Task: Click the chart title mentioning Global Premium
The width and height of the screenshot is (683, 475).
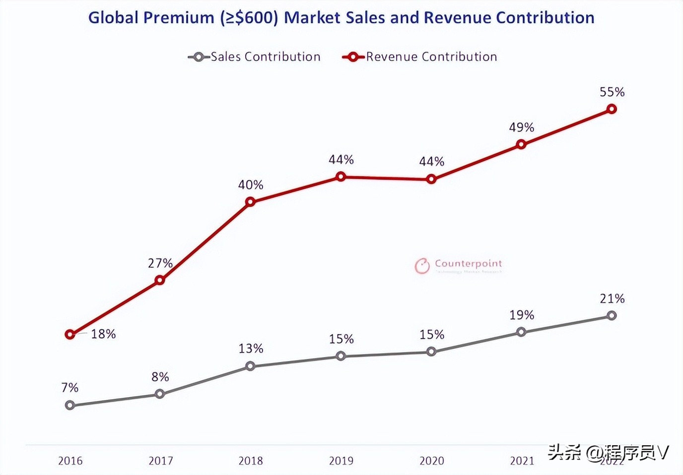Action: (x=341, y=18)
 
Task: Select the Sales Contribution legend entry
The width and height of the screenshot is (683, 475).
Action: (x=254, y=57)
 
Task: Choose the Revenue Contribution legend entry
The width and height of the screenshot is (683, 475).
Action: (x=420, y=57)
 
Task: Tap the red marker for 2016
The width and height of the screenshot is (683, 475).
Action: (x=70, y=335)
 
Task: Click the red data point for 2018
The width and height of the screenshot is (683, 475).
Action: (x=250, y=202)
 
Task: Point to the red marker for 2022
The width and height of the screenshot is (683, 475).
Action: (x=612, y=109)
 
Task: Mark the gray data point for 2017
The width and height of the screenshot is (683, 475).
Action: (x=160, y=394)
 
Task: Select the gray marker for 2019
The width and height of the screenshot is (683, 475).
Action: (x=341, y=356)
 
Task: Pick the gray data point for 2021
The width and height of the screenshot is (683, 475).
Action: (x=521, y=332)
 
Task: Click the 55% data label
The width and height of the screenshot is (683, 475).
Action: (x=612, y=92)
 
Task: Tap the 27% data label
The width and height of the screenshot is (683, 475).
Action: (x=160, y=263)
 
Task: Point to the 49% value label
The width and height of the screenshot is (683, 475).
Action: (x=521, y=127)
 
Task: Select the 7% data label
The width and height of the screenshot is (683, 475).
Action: (x=70, y=388)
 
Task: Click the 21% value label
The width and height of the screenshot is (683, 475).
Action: (x=612, y=299)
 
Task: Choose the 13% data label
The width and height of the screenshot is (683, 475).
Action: (x=251, y=349)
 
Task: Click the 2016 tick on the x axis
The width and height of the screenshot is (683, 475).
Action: (x=70, y=461)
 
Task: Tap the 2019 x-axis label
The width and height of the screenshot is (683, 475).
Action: (x=341, y=461)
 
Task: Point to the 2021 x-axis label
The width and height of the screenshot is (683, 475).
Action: (x=522, y=461)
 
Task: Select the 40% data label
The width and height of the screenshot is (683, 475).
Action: (x=251, y=185)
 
